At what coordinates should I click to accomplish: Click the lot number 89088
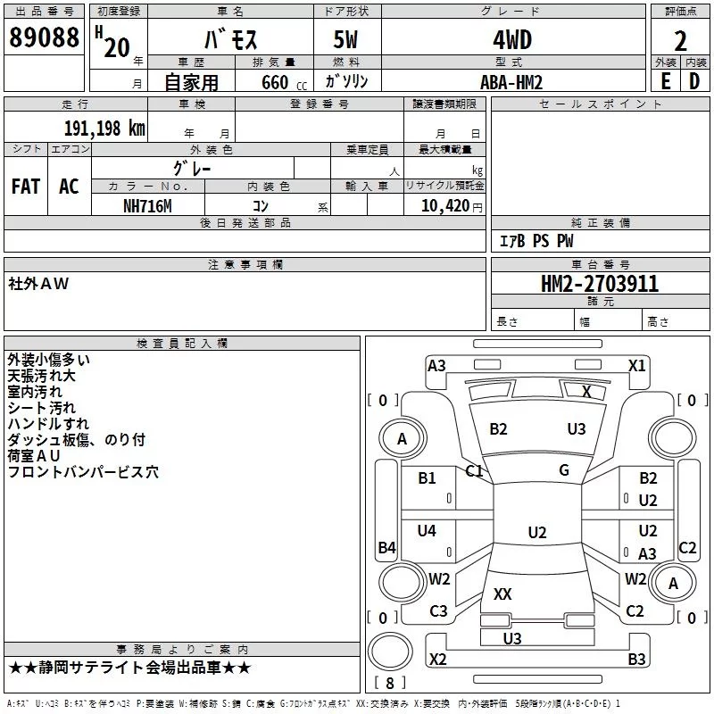(x=44, y=37)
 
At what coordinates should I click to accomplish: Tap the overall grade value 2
(x=680, y=41)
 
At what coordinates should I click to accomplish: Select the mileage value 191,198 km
(x=104, y=129)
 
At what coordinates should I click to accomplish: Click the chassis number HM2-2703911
(x=600, y=284)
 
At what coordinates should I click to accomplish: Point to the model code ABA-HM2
(x=511, y=82)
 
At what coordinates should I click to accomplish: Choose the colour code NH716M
(x=147, y=206)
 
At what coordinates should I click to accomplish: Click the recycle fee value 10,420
(x=445, y=206)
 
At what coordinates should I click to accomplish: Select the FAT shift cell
(x=26, y=187)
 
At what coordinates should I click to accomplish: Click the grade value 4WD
(x=512, y=40)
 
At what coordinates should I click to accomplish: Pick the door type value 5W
(x=345, y=39)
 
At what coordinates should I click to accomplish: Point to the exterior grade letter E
(x=666, y=81)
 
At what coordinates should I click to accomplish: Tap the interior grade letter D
(x=694, y=81)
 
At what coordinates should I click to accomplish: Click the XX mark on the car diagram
(x=502, y=594)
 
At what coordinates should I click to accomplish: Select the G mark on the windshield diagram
(x=564, y=470)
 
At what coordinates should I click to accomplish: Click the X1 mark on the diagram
(x=636, y=366)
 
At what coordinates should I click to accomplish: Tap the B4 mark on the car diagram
(x=387, y=547)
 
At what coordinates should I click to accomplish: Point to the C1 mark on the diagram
(x=474, y=471)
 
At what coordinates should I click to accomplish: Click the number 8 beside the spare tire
(x=389, y=683)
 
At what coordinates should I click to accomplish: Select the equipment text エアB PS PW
(x=536, y=240)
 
